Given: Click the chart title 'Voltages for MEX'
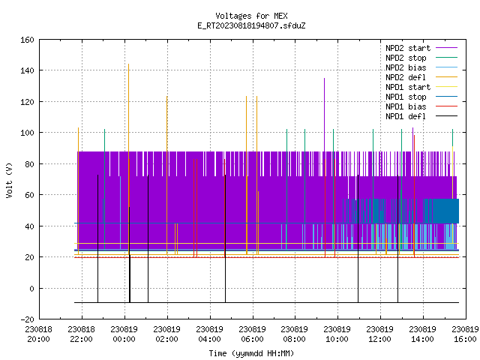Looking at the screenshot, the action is coord(251,16).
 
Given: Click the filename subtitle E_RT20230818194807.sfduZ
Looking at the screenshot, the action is coord(251,25).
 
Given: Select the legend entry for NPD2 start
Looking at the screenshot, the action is coord(421,48).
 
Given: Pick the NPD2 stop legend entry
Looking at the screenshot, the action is coord(421,58).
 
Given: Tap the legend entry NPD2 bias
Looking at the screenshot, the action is coord(421,67).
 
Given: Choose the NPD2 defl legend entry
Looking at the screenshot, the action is coord(421,77).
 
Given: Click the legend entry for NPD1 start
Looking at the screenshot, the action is coord(421,87).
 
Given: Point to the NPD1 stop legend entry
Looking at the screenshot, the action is coord(421,97).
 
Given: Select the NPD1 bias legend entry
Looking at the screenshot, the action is coord(421,106).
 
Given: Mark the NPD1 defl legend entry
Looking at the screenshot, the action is coord(421,117).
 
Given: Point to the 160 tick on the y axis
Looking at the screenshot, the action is coord(27,40).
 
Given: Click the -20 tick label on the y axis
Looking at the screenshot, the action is coord(27,319).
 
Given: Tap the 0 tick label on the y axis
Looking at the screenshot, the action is coord(31,289).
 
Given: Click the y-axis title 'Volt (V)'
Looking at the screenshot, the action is coord(9,181).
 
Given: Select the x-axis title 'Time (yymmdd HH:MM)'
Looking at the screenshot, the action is coord(251,353).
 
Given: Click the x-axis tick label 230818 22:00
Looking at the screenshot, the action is coord(82,334).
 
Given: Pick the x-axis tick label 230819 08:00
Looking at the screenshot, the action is coord(295,334).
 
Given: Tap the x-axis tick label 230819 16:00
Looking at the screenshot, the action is coord(465,334).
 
